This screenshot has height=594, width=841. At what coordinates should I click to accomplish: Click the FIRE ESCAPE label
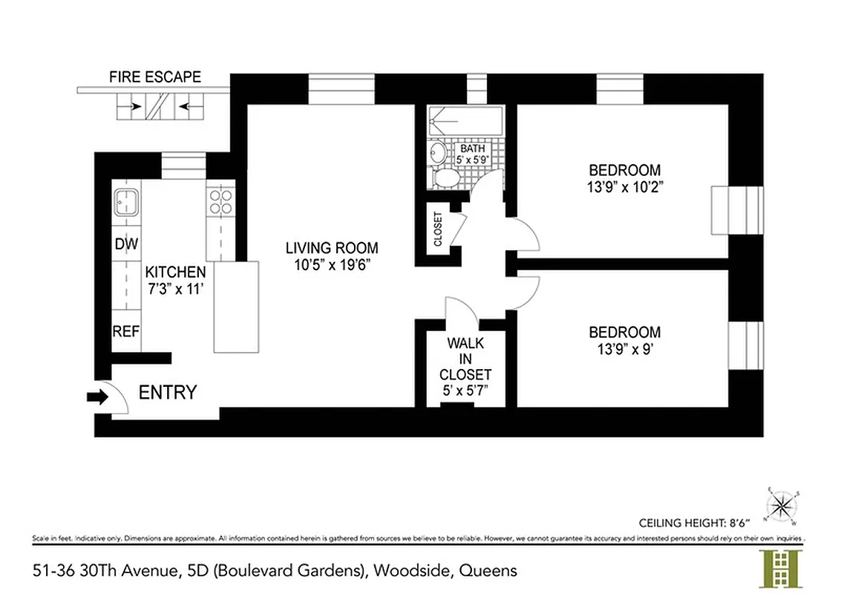coord(154,76)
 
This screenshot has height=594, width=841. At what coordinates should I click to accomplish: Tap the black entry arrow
coord(97,397)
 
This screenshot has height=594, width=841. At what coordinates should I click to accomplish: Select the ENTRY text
coord(168,392)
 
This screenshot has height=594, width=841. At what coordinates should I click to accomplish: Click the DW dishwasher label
coord(126,244)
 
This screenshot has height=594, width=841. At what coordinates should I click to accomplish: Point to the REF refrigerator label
coord(126,331)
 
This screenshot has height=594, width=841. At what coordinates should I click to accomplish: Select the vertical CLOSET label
coord(438,229)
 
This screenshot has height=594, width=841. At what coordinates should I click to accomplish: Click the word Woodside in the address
coord(411,571)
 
